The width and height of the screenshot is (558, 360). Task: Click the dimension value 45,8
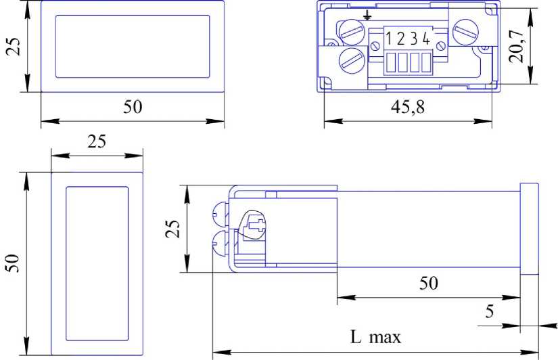[x=407, y=106]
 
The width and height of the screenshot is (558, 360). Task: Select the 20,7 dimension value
[x=516, y=47]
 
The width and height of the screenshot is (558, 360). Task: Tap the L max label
[x=375, y=337]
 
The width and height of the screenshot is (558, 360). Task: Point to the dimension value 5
[x=490, y=311]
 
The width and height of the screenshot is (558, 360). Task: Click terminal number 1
[x=389, y=39]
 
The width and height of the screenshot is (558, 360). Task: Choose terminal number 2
[x=401, y=39]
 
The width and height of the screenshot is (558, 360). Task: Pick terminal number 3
[x=414, y=39]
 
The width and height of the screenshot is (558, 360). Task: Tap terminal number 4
[x=426, y=39]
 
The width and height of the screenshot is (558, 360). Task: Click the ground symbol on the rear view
[x=367, y=15]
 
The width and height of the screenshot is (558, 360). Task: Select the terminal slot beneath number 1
[x=391, y=62]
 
